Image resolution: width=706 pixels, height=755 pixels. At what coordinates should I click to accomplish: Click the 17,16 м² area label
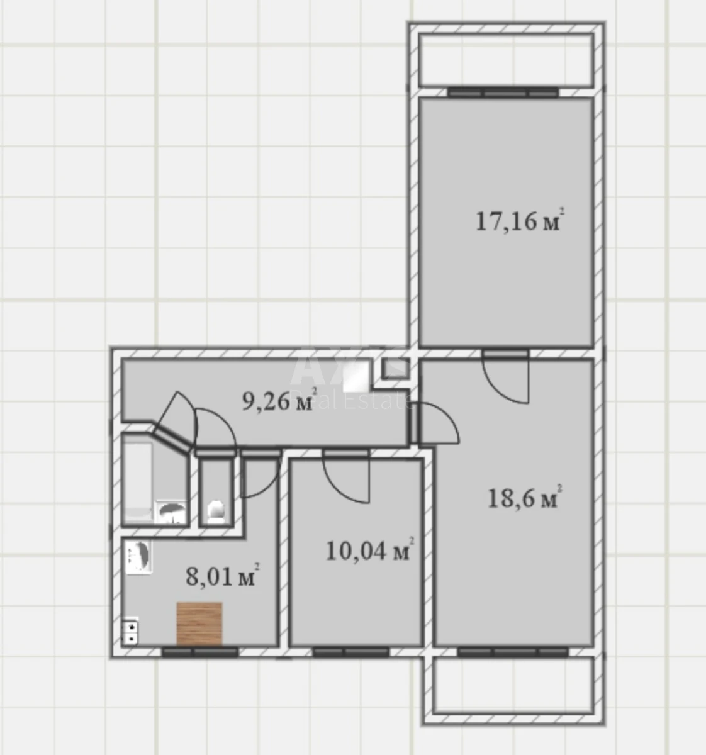click(517, 221)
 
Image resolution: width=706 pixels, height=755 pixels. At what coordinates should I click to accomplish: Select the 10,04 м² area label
click(369, 551)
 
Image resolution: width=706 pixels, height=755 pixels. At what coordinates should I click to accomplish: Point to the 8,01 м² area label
click(222, 576)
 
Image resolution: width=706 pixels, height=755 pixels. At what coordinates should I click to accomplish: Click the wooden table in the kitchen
click(199, 624)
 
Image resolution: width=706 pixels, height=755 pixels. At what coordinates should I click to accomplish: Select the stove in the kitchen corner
click(131, 631)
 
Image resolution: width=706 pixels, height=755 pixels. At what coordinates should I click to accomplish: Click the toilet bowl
click(216, 510)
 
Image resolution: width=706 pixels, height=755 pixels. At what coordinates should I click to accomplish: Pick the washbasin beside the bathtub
click(171, 512)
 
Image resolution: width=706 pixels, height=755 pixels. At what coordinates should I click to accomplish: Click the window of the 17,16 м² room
click(503, 92)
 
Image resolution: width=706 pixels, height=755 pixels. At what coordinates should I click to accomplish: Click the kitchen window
click(200, 652)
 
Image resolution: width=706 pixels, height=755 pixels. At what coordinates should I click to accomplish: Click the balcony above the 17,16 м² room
click(506, 60)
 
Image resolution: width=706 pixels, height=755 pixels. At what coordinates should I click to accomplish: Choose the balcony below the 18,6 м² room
click(513, 687)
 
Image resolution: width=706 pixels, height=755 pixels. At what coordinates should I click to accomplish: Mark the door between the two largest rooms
click(505, 377)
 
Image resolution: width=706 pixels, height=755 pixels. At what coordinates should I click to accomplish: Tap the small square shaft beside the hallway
click(395, 368)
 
